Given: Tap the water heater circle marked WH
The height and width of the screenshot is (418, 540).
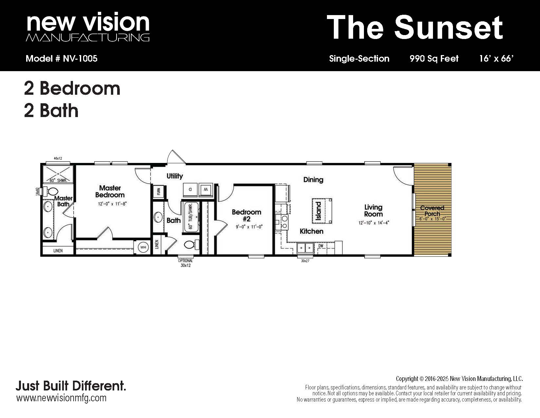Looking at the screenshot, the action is tap(143, 247).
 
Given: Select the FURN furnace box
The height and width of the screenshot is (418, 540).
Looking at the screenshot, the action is tap(158, 192).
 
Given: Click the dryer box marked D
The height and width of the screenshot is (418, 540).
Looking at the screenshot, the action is tap(190, 190).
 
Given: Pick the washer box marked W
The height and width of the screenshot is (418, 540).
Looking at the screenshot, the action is tap(206, 190).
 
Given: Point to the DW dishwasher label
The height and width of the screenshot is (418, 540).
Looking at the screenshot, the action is tap(321, 246).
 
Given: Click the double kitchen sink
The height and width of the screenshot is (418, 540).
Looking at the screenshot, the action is tap(305, 248).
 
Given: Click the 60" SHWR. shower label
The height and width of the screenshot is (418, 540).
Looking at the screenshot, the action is tap(58, 181).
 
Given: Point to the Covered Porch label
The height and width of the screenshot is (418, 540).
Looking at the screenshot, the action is tap(432, 210).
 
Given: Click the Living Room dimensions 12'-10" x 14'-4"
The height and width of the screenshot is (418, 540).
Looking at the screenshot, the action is tap(373, 223).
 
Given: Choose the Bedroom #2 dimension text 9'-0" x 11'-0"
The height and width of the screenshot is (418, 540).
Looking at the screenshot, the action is tap(249, 227).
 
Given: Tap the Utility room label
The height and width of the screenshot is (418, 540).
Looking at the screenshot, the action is tap(175, 176).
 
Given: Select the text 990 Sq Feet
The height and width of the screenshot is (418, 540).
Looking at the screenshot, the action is tap(434, 58).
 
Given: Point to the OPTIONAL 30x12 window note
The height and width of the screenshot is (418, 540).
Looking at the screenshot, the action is tap(185, 263).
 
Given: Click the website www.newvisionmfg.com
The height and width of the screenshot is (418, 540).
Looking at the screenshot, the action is tap(62, 398).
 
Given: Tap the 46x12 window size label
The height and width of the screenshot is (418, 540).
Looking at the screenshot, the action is tap(58, 158).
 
